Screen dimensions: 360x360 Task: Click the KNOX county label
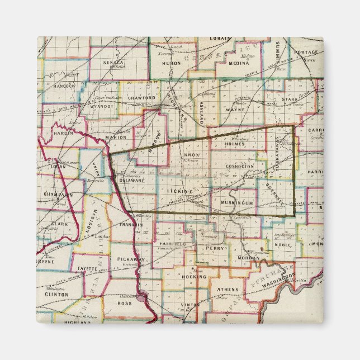tap(192, 155)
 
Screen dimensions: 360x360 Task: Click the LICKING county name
tap(180, 191)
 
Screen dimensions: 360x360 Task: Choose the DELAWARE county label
tap(132, 181)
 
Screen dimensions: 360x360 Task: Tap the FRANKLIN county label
tap(131, 224)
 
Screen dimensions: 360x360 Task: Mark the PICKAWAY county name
tap(131, 260)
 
